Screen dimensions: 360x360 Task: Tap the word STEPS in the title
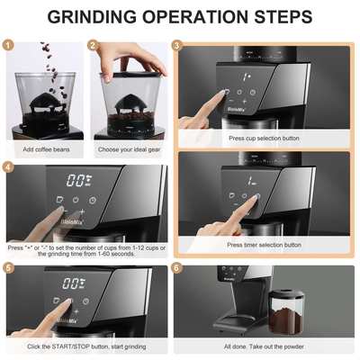click(x=280, y=17)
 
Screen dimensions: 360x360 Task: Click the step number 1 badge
click(x=8, y=45)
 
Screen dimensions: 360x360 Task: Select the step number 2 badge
click(x=94, y=45)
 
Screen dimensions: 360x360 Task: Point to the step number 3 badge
click(x=177, y=45)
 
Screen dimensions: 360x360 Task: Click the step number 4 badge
click(x=8, y=166)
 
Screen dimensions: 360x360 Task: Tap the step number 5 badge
click(x=8, y=268)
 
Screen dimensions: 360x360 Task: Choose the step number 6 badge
click(x=177, y=268)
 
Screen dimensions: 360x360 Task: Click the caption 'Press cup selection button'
click(x=264, y=139)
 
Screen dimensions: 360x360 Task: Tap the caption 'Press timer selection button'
click(x=264, y=245)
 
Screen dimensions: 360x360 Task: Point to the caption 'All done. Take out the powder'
click(x=264, y=346)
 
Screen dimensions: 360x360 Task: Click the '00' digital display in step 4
click(x=78, y=180)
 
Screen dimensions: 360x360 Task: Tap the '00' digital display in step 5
click(x=78, y=282)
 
